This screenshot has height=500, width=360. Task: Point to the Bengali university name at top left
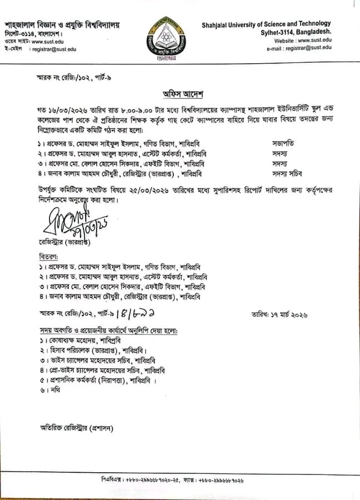(x=62, y=26)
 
